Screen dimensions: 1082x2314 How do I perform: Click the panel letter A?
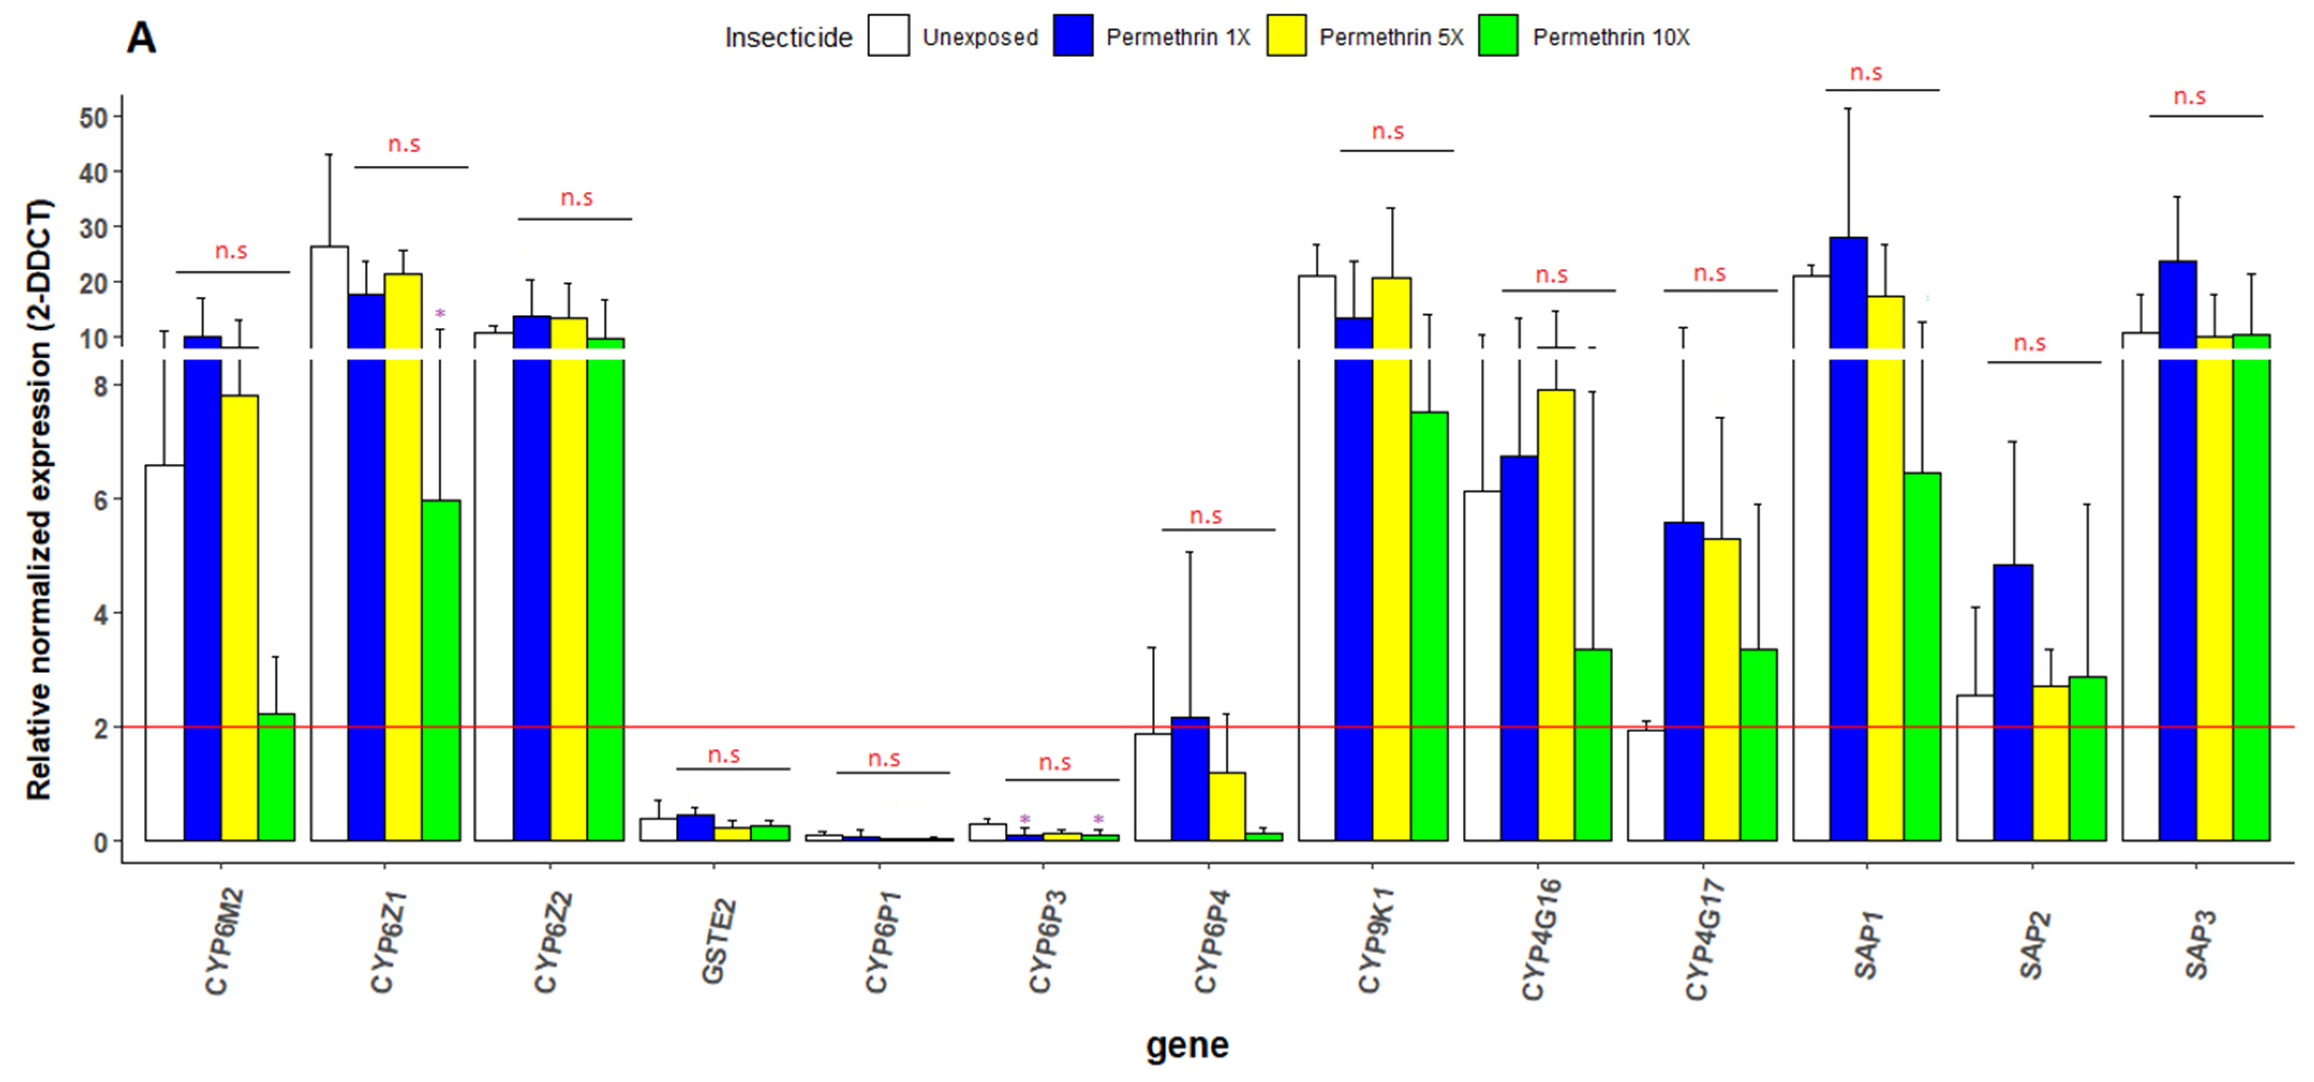[x=141, y=39]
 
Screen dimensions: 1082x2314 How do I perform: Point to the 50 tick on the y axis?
[x=93, y=117]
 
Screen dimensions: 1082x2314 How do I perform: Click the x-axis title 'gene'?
[x=1187, y=1045]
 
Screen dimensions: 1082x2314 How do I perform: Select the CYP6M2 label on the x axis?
[x=220, y=943]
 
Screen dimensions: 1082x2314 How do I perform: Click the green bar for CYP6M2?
[x=276, y=778]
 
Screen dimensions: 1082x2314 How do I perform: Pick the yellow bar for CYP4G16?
[x=1556, y=615]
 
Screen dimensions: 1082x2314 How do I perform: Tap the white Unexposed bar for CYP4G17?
[x=1646, y=786]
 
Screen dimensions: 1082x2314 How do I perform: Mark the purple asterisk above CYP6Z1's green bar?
[x=440, y=314]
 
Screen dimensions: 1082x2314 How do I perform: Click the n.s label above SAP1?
[x=1866, y=73]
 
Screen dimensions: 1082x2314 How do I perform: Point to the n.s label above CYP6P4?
[x=1206, y=516]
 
